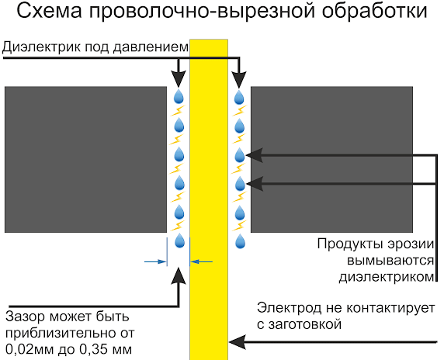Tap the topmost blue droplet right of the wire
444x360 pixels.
(x=240, y=97)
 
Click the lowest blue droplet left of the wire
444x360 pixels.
(x=179, y=238)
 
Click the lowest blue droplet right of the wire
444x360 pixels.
(x=240, y=238)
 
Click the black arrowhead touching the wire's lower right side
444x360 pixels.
(x=237, y=340)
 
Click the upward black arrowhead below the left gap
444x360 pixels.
(x=179, y=275)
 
